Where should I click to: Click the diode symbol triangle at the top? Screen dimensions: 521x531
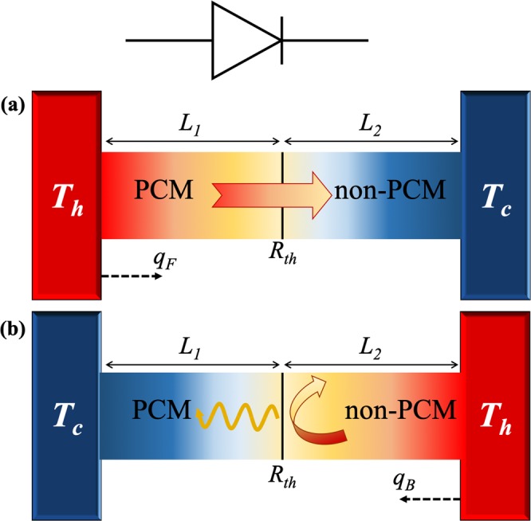[x=242, y=39]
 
